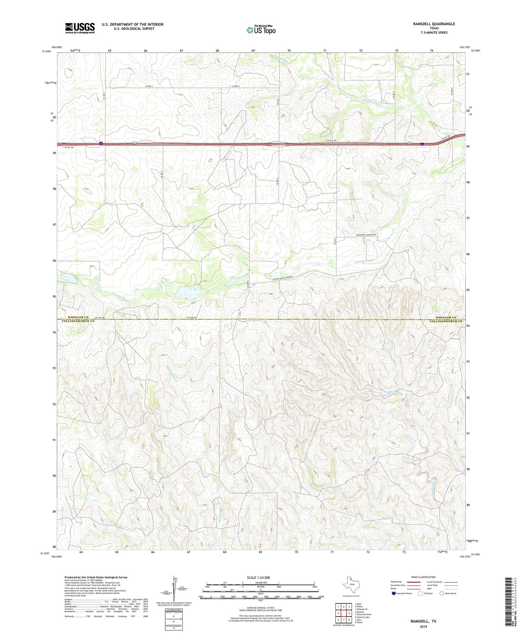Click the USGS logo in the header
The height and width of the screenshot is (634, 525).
click(80, 28)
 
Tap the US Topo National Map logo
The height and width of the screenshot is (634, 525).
click(261, 30)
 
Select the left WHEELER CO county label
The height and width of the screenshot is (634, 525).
click(78, 317)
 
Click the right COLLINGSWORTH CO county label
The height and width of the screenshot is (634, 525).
click(445, 321)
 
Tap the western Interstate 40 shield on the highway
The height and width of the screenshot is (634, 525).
click(101, 144)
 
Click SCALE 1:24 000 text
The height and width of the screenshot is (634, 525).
click(260, 577)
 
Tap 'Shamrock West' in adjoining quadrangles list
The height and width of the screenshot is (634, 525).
click(363, 614)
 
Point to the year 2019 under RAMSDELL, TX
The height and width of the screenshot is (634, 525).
click(423, 626)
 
